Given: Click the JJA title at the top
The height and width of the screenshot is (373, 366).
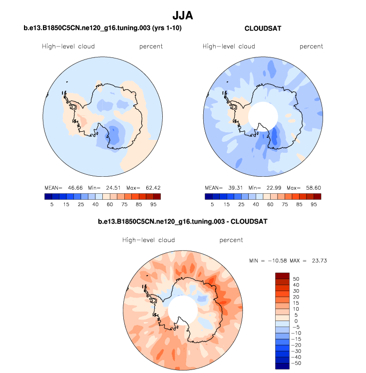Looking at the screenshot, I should tap(183, 16).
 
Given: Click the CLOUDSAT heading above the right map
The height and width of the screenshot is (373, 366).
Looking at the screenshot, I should tap(263, 28).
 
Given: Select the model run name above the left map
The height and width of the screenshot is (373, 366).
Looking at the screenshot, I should tap(102, 28).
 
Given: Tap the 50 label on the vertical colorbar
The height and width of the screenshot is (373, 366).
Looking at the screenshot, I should tap(296, 278).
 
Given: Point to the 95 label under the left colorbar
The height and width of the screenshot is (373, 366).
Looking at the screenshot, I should tap(154, 204).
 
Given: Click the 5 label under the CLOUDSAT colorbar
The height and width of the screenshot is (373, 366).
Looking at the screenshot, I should tap(212, 204).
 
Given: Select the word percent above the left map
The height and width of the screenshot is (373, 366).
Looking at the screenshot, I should tap(151, 46).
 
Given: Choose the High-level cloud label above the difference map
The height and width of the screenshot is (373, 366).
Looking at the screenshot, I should tap(149, 240).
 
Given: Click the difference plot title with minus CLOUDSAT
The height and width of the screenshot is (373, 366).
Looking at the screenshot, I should tap(183, 221).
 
